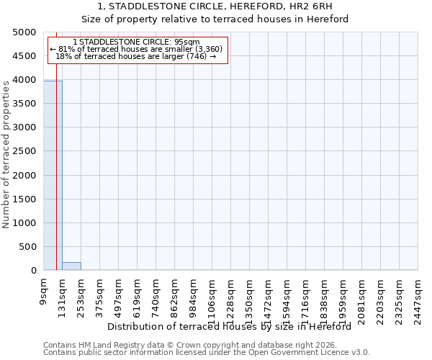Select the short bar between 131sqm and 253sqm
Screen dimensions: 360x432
tap(71, 266)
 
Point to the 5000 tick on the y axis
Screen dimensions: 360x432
tap(24, 32)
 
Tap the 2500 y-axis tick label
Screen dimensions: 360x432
tap(24, 151)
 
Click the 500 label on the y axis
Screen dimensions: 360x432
tap(27, 247)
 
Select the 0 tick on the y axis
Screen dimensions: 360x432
tap(33, 271)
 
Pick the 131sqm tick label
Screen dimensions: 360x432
tap(63, 294)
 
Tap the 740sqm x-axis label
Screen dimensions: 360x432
tap(156, 294)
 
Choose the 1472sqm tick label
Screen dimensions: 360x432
tap(269, 297)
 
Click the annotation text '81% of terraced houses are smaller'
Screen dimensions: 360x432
tap(137, 49)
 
